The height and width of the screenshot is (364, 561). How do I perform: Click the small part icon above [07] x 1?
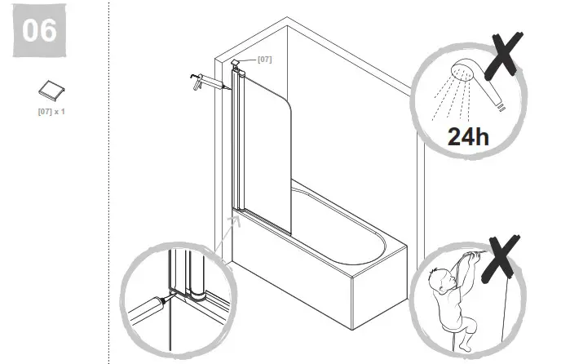(48, 89)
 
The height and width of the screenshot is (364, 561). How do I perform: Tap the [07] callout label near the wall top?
(264, 60)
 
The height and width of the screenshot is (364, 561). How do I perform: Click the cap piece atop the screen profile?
(236, 64)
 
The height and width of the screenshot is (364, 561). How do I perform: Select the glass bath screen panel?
(267, 139)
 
